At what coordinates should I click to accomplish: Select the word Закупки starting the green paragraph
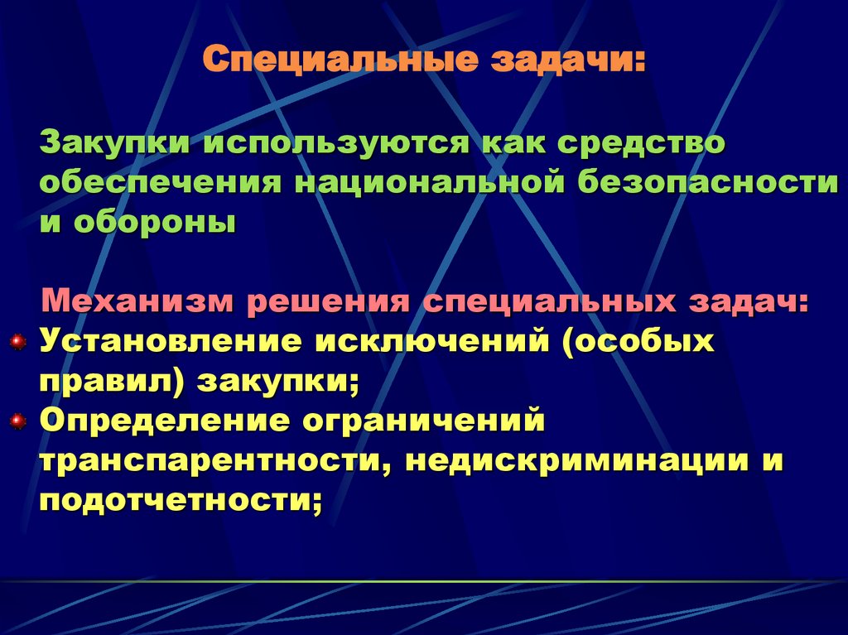[110, 142]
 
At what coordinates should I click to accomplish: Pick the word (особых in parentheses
[638, 341]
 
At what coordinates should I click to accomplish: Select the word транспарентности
[214, 462]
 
